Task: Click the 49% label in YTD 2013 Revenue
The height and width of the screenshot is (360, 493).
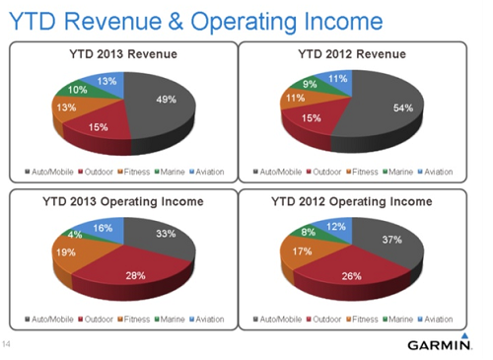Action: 167,100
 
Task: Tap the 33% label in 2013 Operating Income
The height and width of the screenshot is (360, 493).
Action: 166,234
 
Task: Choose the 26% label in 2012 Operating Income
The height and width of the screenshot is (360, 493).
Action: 351,275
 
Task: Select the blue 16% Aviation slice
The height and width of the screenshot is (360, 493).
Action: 103,228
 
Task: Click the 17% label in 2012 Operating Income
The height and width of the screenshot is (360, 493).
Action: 303,252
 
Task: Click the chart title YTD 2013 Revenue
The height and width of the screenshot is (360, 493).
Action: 123,54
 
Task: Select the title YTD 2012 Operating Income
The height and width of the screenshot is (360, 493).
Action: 352,201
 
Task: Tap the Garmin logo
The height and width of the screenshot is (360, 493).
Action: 440,342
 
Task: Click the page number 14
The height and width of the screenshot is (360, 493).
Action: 6,344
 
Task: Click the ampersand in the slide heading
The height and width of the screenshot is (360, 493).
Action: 176,22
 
